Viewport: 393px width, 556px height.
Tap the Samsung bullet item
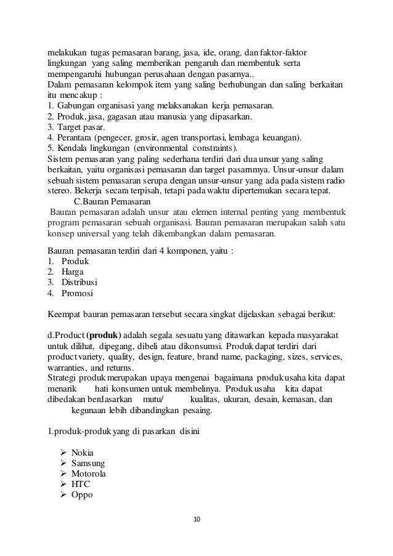[x=87, y=463]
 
